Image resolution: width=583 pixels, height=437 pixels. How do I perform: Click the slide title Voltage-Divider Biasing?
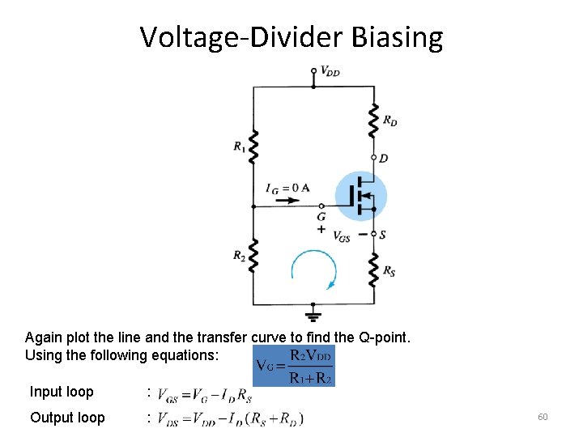tap(291, 37)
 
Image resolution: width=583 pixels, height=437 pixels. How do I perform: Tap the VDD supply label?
tap(330, 71)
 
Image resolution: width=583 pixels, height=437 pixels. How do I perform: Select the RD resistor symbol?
tap(373, 120)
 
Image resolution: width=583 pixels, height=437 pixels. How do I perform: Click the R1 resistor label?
tap(240, 146)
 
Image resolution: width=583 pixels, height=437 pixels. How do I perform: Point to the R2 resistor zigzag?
tap(253, 256)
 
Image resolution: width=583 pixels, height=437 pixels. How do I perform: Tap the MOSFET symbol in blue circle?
tap(361, 196)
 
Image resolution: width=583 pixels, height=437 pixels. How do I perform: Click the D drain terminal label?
tap(384, 159)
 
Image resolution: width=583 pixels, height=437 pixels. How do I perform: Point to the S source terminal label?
tap(384, 235)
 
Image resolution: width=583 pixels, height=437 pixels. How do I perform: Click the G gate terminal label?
tap(321, 217)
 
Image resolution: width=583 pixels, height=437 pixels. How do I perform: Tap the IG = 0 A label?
tap(287, 188)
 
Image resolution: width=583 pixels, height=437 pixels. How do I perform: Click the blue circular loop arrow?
tap(313, 269)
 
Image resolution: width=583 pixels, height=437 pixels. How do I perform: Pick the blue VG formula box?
tap(294, 366)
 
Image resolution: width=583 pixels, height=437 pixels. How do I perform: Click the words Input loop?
tap(62, 392)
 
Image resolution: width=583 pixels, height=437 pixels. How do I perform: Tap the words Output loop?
tap(67, 418)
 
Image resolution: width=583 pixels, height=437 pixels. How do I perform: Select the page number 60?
tap(543, 417)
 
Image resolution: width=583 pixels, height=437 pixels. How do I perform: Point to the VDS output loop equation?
tap(229, 418)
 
